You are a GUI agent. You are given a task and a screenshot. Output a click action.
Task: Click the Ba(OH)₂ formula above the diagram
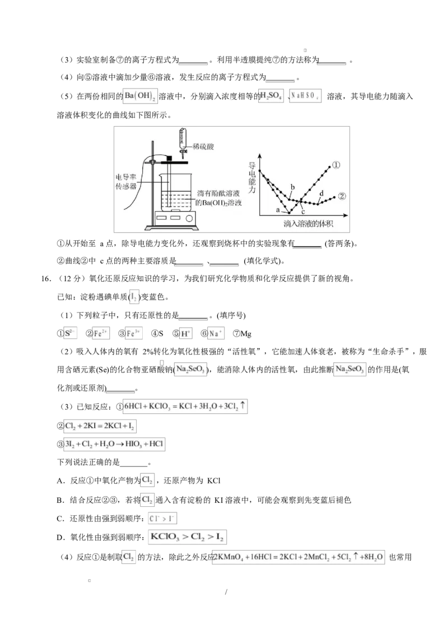(141, 96)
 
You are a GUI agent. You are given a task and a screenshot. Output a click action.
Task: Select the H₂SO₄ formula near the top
(272, 96)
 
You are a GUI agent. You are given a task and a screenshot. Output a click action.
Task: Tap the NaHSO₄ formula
(306, 96)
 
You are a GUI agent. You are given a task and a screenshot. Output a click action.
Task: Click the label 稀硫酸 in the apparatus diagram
(203, 146)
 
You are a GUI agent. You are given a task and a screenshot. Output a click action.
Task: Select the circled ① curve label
(336, 165)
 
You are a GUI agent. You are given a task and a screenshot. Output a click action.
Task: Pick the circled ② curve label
(342, 197)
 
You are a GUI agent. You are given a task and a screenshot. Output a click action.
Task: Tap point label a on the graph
(278, 209)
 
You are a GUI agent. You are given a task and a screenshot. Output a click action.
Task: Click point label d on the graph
(321, 193)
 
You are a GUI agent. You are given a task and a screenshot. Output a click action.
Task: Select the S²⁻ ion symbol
(70, 333)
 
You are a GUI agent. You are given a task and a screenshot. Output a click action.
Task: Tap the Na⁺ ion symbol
(217, 333)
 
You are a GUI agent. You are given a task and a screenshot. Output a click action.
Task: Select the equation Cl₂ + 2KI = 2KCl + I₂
(100, 426)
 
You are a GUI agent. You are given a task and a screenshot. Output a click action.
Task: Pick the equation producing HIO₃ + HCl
(114, 444)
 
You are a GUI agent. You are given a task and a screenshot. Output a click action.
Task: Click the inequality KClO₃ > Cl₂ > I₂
(188, 538)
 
